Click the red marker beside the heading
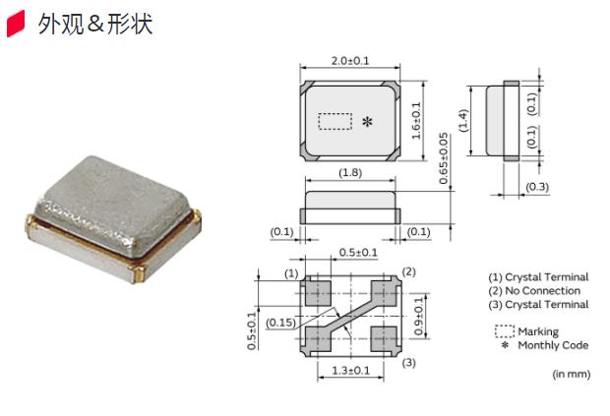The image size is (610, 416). pyautogui.click(x=16, y=26)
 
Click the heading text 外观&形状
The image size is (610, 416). pyautogui.click(x=94, y=25)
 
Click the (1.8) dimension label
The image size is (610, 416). pyautogui.click(x=350, y=174)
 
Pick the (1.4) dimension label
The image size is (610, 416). pyautogui.click(x=463, y=121)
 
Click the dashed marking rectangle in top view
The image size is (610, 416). pyautogui.click(x=335, y=121)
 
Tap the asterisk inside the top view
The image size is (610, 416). pyautogui.click(x=367, y=122)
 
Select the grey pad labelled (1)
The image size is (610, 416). pyautogui.click(x=317, y=291)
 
